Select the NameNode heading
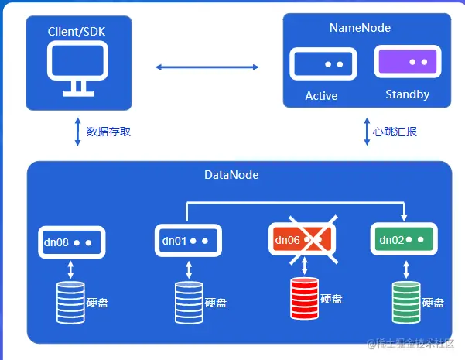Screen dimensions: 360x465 point(360,28)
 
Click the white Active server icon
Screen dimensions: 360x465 point(323,64)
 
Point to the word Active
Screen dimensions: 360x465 point(321,96)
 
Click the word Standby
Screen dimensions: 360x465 point(407,95)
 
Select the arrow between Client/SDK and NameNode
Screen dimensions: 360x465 point(207,67)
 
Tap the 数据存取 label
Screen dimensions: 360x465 point(108,132)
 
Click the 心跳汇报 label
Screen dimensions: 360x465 point(395,132)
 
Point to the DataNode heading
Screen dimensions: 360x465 point(231,176)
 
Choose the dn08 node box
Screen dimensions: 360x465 point(70,242)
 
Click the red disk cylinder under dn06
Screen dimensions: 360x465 point(305,297)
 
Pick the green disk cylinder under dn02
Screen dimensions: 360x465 point(406,299)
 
